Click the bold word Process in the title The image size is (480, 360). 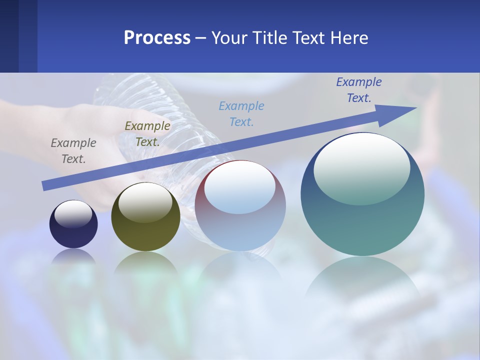tap(157, 38)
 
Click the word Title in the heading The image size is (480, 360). tap(269, 38)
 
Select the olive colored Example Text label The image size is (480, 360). tap(147, 134)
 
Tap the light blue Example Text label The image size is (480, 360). tap(241, 113)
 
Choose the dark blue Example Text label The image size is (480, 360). tap(358, 90)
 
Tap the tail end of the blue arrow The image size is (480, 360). tap(45, 185)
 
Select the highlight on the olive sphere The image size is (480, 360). tap(145, 202)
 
